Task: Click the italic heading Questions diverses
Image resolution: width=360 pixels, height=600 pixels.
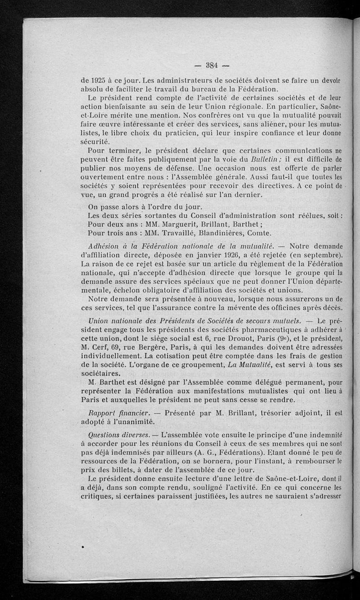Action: click(x=118, y=435)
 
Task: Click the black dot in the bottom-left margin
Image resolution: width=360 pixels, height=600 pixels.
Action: click(x=83, y=546)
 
